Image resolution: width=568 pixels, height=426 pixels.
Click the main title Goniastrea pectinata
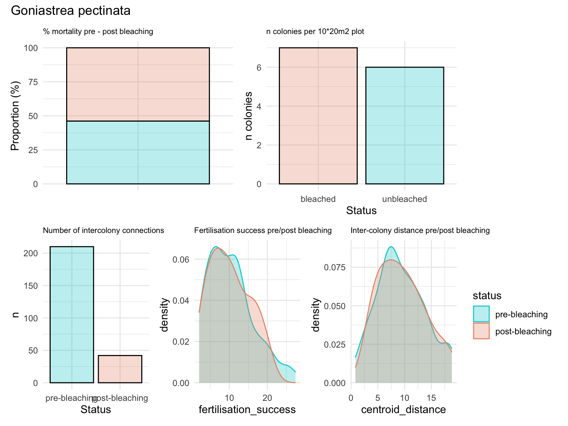click(71, 11)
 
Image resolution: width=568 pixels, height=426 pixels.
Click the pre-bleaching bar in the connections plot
click(72, 314)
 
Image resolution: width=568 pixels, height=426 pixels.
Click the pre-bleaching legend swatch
click(481, 314)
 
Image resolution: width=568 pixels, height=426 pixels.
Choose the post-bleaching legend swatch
click(481, 331)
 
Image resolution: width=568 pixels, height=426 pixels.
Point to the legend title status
click(487, 296)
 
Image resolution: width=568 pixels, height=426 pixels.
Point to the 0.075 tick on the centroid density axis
click(335, 267)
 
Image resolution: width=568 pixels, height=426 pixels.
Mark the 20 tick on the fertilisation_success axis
click(267, 398)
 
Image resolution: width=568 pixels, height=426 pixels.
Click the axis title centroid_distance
click(403, 410)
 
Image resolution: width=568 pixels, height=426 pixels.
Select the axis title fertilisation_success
click(247, 410)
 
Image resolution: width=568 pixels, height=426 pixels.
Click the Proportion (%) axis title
click(15, 116)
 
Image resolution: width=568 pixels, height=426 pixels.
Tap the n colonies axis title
click(249, 116)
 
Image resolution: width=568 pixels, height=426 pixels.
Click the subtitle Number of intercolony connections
click(104, 230)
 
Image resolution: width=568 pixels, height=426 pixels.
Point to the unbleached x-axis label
click(405, 199)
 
